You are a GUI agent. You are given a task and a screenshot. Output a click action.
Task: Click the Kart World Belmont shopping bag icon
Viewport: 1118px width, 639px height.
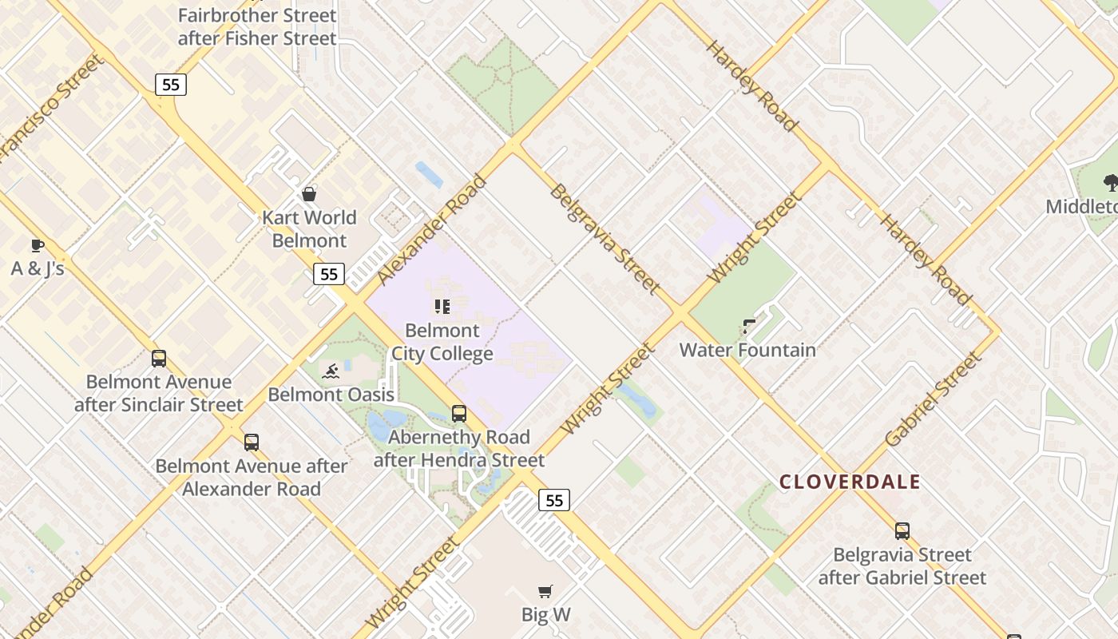[x=309, y=194]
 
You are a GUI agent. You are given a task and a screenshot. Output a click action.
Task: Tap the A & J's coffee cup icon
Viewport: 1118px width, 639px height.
[x=37, y=245]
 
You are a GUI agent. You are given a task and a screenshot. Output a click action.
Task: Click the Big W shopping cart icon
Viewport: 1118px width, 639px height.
[x=545, y=592]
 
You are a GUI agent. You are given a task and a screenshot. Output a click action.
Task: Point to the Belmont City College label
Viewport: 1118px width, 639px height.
[x=442, y=342]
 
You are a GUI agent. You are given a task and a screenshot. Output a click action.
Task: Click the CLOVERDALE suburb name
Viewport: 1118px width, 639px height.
[x=850, y=482]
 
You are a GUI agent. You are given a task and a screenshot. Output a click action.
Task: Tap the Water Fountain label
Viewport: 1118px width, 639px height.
[x=747, y=350]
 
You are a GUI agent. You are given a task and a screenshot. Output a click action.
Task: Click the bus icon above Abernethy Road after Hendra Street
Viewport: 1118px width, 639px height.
[x=459, y=414]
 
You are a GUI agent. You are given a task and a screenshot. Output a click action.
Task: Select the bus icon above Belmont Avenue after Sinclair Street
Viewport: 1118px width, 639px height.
[x=159, y=359]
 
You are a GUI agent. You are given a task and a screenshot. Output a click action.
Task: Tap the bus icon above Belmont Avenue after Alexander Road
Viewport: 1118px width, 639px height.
[x=252, y=443]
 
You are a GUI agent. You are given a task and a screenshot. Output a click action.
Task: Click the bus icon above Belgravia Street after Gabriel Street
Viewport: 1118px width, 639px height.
[x=902, y=531]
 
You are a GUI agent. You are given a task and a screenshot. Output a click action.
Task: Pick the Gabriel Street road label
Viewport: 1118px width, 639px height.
[x=933, y=399]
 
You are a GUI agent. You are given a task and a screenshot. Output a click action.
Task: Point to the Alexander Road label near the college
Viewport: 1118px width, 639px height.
[x=432, y=229]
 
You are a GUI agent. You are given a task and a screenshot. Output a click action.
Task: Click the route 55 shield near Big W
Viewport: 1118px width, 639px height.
[x=554, y=501]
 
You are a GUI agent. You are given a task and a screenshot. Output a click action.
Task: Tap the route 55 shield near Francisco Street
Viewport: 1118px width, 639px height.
[x=171, y=84]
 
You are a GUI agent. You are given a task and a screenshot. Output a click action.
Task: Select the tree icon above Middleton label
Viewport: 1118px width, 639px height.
[x=1110, y=183]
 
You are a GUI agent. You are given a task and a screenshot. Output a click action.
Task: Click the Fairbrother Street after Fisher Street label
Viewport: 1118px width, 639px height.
[x=257, y=26]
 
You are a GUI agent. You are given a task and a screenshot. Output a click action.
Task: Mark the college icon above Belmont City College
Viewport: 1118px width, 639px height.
[x=442, y=307]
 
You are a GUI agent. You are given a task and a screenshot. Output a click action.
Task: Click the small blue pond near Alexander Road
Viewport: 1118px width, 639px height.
[x=429, y=174]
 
